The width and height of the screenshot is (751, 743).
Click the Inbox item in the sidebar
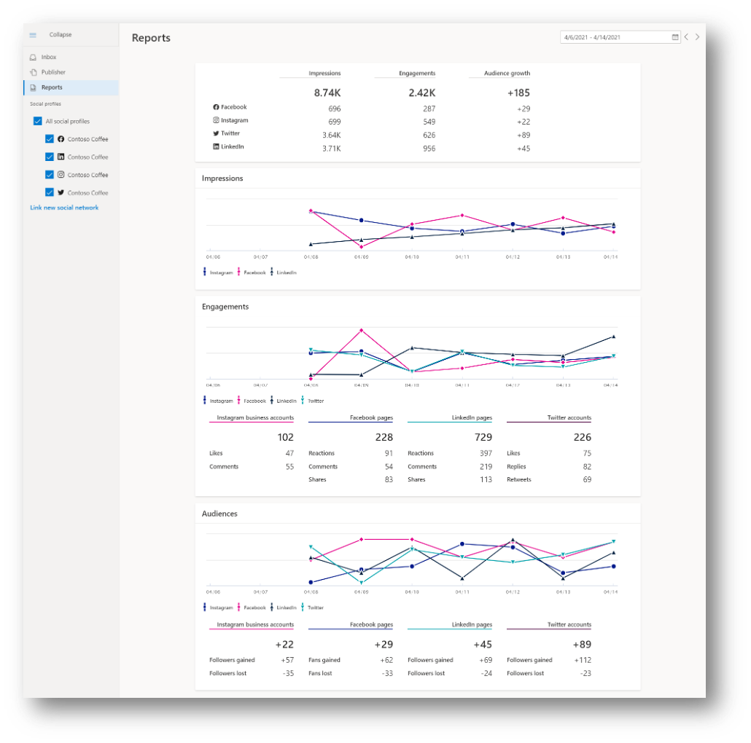[x=48, y=57]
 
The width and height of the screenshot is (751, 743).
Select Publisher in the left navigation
[x=52, y=72]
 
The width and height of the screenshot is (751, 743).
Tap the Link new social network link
[x=64, y=208]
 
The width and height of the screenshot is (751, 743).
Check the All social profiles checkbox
[x=37, y=121]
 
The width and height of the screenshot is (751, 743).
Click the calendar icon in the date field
[x=674, y=37]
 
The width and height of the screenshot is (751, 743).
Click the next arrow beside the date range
[x=697, y=37]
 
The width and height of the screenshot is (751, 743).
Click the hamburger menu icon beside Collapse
[x=33, y=35]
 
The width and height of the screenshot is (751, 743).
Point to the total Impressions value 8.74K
[x=327, y=93]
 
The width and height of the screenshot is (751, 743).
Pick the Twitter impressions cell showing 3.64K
[x=332, y=135]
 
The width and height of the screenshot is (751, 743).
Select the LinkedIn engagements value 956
[x=429, y=149]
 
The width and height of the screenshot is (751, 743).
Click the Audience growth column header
[x=508, y=74]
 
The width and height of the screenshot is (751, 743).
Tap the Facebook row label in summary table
[x=233, y=108]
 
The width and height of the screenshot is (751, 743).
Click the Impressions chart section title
[x=222, y=178]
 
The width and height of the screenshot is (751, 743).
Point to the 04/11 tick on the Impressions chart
[x=462, y=257]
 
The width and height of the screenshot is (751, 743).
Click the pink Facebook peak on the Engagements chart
[x=361, y=330]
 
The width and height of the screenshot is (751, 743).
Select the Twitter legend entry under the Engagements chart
[x=314, y=401]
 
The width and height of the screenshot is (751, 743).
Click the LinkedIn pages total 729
[x=483, y=438]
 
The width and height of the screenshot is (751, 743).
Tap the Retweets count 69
[x=586, y=480]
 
